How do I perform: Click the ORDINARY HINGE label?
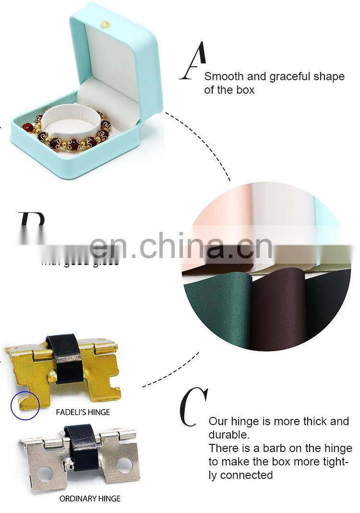pos(90,498)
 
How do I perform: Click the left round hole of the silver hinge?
pos(46,474)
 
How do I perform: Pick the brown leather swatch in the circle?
pos(278,307)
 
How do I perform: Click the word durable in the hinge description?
pos(228,435)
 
